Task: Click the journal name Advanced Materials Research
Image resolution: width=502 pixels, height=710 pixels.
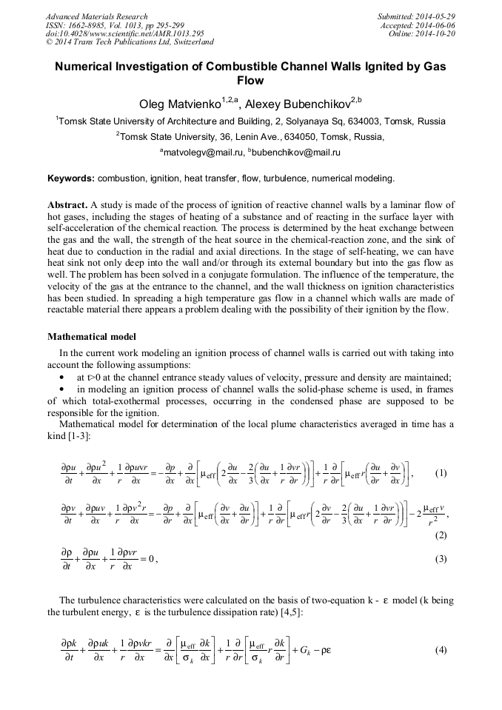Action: coord(96,16)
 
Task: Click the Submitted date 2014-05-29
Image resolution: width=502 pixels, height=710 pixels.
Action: coord(437,16)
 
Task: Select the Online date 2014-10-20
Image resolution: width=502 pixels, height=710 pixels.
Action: coord(437,33)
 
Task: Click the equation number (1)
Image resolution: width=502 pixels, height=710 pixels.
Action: coord(441,473)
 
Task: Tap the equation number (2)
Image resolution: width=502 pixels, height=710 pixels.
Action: coord(441,535)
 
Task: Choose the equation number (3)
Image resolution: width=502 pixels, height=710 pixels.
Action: coord(441,559)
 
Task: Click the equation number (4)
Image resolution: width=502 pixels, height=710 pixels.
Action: coord(441,650)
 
